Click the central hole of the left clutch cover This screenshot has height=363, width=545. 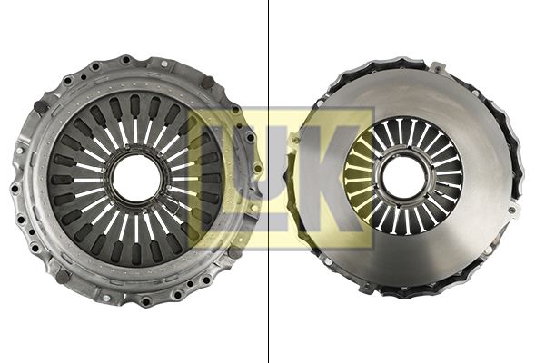[x=136, y=179]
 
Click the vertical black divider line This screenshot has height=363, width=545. [x=268, y=181]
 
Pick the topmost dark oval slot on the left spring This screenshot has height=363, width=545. [x=134, y=103]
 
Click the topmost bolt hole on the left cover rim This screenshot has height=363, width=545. [x=126, y=60]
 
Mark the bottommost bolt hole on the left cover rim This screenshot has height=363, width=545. [x=145, y=299]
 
